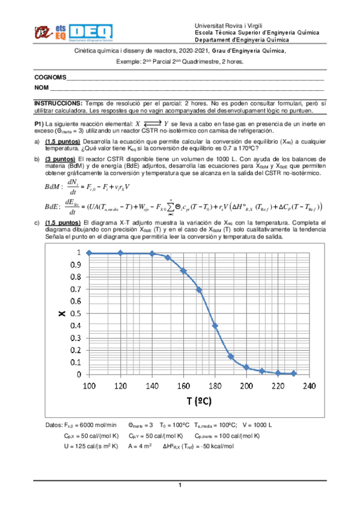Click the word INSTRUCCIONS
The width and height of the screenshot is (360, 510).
[58, 103]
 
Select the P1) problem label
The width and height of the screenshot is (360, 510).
[40, 123]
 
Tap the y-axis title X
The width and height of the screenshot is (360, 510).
[61, 313]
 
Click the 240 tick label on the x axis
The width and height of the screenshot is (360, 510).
[309, 386]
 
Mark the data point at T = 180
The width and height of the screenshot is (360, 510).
[215, 325]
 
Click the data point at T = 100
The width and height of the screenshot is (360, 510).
[90, 253]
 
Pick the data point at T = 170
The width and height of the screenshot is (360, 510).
[199, 289]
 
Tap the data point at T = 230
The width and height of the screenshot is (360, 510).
[293, 373]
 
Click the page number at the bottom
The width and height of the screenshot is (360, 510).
[180, 485]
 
